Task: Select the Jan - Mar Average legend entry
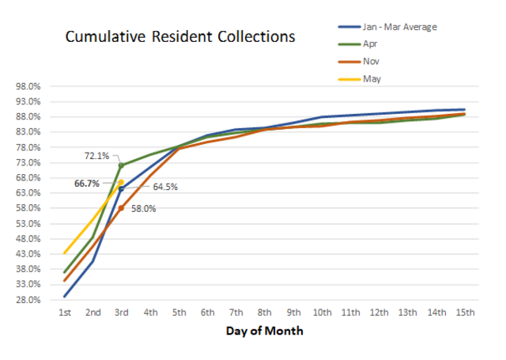[x=399, y=26]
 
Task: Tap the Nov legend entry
[x=371, y=61]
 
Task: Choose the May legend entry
[x=372, y=78]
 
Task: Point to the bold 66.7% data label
[x=87, y=184]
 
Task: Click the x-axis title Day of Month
[x=264, y=331]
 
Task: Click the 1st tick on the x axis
[x=65, y=313]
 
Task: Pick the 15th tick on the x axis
[x=465, y=313]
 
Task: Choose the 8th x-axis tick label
[x=265, y=313]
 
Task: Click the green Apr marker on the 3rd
[x=121, y=165]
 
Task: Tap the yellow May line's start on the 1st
[x=65, y=253]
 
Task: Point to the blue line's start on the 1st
[x=65, y=297]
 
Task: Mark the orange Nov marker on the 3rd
[x=122, y=207]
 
